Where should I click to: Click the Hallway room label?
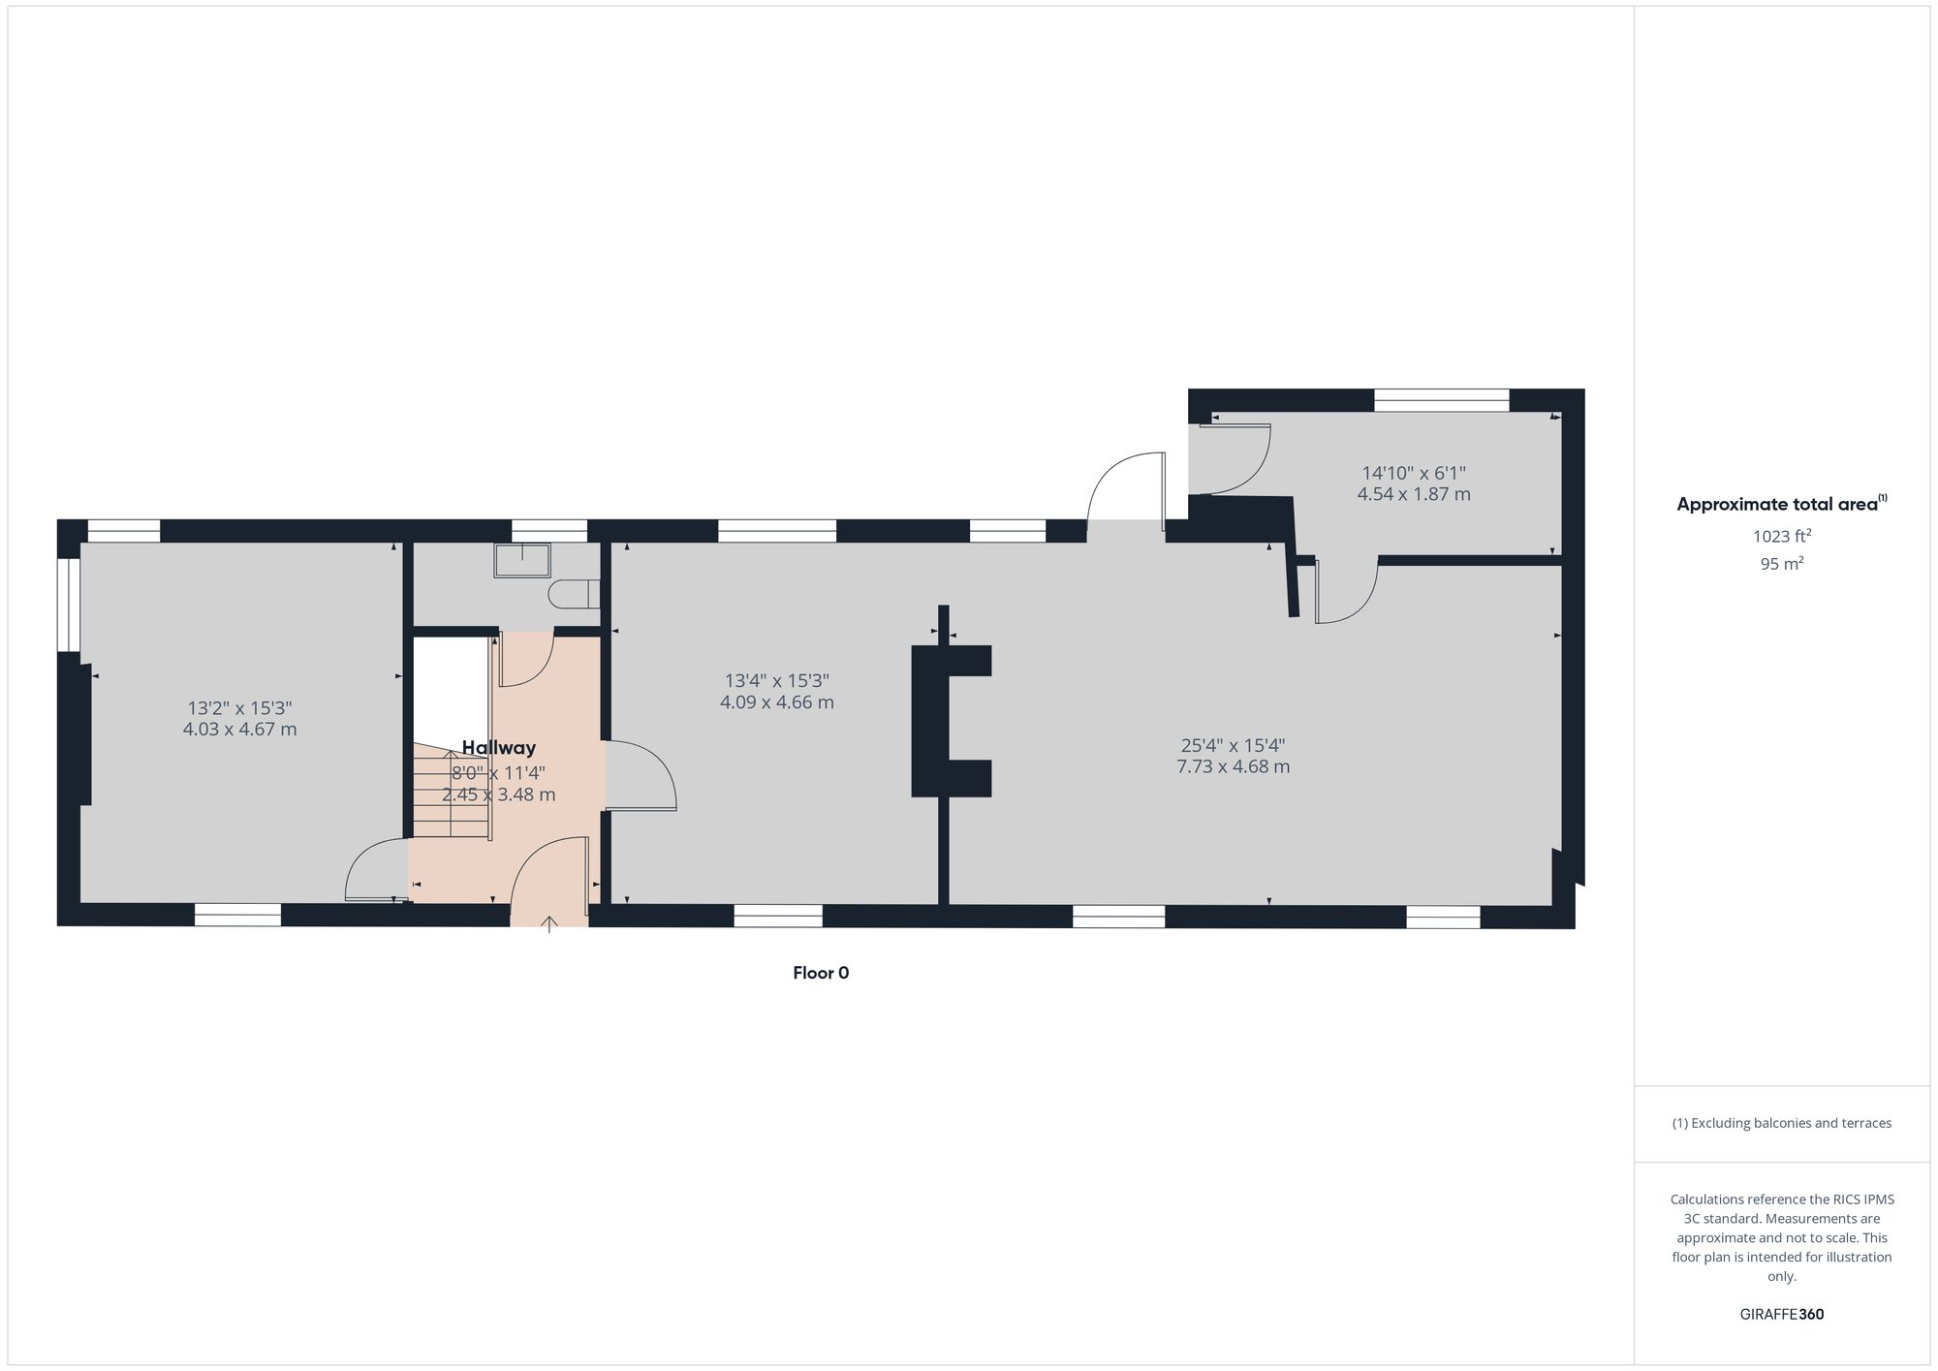pos(498,748)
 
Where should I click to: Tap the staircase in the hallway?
pos(452,790)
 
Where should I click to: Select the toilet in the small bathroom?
pos(574,594)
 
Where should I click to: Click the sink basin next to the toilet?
pos(522,560)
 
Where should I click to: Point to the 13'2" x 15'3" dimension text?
pos(239,708)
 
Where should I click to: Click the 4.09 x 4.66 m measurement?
pos(776,702)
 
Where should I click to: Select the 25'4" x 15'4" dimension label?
pos(1233,745)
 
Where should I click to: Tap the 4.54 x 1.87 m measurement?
pos(1413,494)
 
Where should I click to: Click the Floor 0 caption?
pos(821,973)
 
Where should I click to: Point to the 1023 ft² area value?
pos(1781,536)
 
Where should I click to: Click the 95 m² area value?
pos(1781,564)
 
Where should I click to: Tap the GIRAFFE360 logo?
pos(1781,1315)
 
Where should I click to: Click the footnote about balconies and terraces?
pos(1781,1123)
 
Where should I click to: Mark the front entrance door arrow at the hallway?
pos(549,923)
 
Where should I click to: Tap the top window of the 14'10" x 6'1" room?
pos(1441,400)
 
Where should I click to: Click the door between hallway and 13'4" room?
pos(640,775)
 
